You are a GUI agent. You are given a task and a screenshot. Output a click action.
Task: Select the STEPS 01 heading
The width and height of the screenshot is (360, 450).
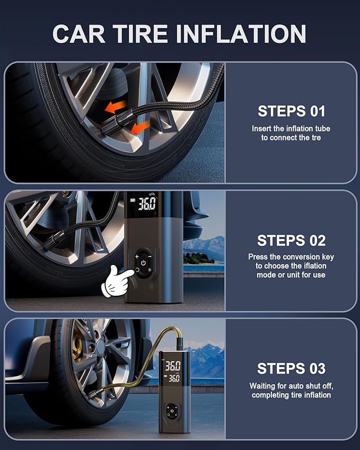coord(291,111)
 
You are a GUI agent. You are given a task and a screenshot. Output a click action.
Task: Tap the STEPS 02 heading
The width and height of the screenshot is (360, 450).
coord(291,240)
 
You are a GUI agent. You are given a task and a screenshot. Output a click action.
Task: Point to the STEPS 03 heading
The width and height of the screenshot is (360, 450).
coord(291,368)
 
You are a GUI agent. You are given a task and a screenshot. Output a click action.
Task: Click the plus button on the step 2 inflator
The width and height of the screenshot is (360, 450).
coord(136,256)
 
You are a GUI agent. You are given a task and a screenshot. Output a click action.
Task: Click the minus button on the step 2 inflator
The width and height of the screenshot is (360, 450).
coord(151,256)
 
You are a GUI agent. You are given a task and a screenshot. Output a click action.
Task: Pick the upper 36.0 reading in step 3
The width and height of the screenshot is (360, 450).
coord(172,366)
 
